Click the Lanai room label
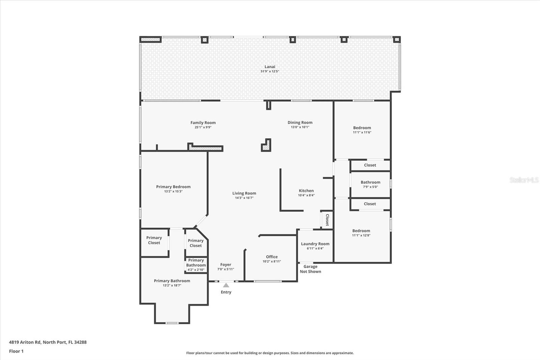pos(270,67)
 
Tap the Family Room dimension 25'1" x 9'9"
pos(203,127)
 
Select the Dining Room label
pos(300,123)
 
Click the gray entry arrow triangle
pos(226,285)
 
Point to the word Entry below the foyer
pos(226,292)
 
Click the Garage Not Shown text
pos(310,269)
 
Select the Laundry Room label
pos(315,244)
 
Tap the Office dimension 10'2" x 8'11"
pos(272,261)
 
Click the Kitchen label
pos(306,191)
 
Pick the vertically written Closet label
pos(327,220)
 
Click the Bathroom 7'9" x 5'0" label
pos(370,182)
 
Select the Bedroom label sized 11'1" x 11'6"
pos(362,128)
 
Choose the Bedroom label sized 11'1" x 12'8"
pos(361,231)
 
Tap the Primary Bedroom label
pos(173,187)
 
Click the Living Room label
pos(244,194)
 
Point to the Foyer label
pos(225,265)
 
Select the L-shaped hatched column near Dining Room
pos(267,146)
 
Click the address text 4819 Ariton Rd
pos(48,342)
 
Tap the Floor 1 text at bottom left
pos(16,351)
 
